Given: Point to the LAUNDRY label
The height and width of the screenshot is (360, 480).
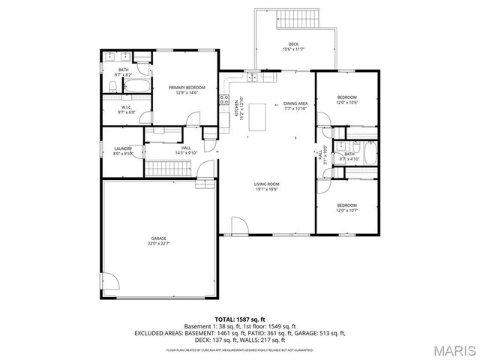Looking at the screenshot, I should (x=123, y=148).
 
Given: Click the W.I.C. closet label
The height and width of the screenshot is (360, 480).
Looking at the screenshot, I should (x=126, y=107).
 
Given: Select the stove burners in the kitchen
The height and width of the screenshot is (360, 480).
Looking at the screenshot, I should (x=223, y=100).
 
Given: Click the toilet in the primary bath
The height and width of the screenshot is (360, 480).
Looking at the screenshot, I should (x=110, y=89).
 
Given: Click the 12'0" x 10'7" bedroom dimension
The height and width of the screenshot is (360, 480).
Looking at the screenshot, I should (x=346, y=210).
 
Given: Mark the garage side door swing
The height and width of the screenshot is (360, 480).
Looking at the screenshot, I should (x=110, y=281).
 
